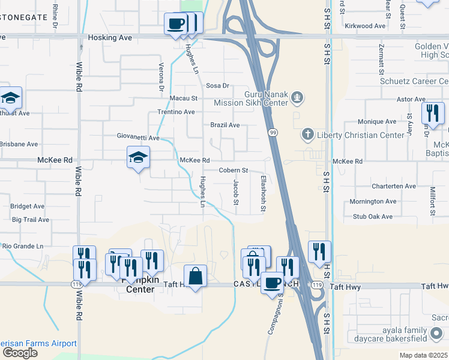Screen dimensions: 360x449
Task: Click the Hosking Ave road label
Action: tap(109, 37)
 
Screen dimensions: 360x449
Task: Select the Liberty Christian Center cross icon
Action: tap(307, 134)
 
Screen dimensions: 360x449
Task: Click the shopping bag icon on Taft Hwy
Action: tap(195, 277)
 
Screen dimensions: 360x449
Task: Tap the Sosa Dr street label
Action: tap(218, 86)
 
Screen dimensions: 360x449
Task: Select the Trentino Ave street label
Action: tap(176, 112)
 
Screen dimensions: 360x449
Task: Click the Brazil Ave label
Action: tap(225, 125)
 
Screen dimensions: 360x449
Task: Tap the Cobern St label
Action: tap(233, 170)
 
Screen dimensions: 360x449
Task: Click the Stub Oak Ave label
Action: tap(372, 217)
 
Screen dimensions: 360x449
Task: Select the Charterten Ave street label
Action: tap(393, 186)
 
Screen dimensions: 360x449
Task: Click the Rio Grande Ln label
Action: tap(23, 246)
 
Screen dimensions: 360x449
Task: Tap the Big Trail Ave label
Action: tap(30, 220)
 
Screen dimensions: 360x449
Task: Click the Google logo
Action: tap(19, 352)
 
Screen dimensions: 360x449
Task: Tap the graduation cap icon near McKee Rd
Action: tap(138, 157)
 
